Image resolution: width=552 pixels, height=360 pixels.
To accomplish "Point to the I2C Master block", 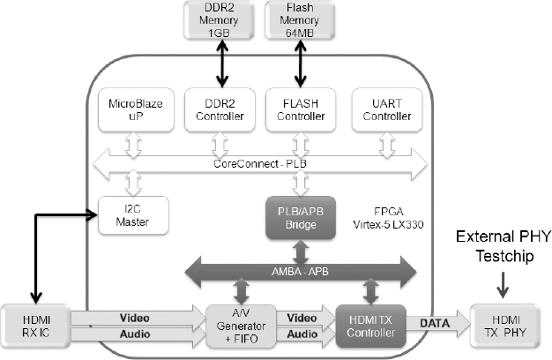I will [130, 214].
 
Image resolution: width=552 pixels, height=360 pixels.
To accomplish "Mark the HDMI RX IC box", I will [35, 324].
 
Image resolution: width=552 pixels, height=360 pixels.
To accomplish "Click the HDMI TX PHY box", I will [505, 324].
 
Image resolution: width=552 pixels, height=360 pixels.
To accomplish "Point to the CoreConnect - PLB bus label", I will [259, 164].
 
